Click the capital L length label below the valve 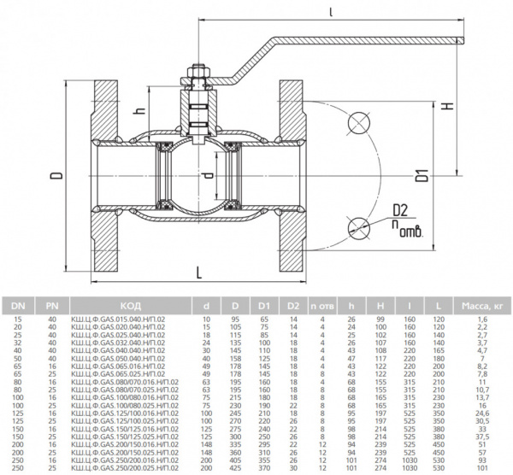pyautogui.click(x=198, y=272)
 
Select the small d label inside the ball pyautogui.click(x=208, y=177)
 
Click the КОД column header pyautogui.click(x=130, y=304)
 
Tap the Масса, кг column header pyautogui.click(x=482, y=304)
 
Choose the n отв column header pyautogui.click(x=322, y=304)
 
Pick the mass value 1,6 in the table pyautogui.click(x=482, y=319)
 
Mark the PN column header pyautogui.click(x=51, y=304)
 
